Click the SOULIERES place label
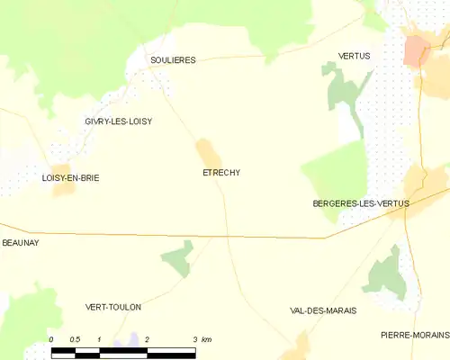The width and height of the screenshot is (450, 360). (173, 60)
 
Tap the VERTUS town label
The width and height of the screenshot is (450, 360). (354, 56)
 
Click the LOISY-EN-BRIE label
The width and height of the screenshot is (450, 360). (70, 178)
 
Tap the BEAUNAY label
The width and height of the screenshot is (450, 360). (21, 243)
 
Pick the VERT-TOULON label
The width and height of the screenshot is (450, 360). (112, 307)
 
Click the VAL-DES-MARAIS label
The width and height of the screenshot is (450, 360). (323, 310)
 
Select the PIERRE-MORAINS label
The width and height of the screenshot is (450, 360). (415, 335)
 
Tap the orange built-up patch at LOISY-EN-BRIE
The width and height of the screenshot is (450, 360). (61, 178)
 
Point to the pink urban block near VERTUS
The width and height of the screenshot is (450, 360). (416, 50)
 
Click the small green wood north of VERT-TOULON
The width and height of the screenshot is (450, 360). (178, 258)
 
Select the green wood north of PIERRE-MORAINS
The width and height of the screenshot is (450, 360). (386, 272)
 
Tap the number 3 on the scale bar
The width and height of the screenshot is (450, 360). (195, 339)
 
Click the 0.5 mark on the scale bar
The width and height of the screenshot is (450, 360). (75, 339)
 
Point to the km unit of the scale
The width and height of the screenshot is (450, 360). (207, 339)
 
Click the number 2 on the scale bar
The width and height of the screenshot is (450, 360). (147, 339)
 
